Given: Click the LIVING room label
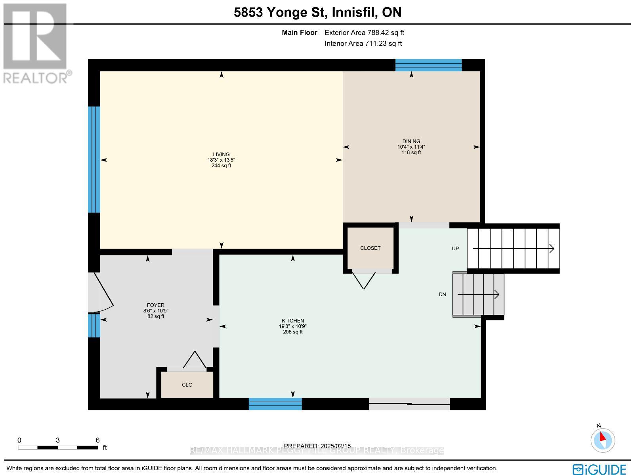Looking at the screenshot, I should point(221,155).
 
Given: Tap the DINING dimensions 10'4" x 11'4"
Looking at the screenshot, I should point(411,147).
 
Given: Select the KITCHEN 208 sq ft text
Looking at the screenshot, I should point(293,332).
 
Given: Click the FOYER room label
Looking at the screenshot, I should point(155,305).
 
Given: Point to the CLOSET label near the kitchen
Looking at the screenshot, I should point(370,248).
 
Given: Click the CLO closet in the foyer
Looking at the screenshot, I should point(187,385).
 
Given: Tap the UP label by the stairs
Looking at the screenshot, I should point(455,249).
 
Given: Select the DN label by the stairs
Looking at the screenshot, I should point(442,294).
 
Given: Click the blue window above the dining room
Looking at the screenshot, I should point(428,65).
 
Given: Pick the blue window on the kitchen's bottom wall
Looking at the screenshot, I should point(275,404).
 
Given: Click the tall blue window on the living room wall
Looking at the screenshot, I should point(94,159).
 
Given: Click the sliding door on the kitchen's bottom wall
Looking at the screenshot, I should point(409,404).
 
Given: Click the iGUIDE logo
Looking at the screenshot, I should point(600,469).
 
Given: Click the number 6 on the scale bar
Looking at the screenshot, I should point(97,440).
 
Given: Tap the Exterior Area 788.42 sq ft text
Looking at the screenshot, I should point(364,33).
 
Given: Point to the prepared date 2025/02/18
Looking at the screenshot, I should point(317,446).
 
